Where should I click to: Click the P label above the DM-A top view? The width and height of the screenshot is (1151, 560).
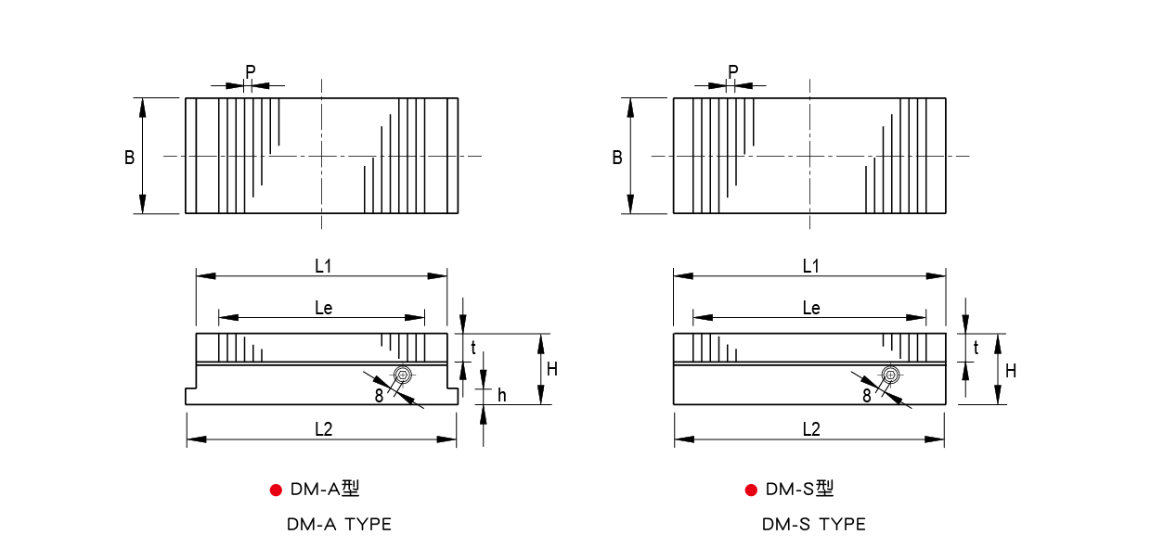[251, 72]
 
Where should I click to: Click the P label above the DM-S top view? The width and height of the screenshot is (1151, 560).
[733, 72]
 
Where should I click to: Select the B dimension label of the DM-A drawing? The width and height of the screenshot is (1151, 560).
[130, 157]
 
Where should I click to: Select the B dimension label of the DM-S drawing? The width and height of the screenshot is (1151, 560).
[617, 157]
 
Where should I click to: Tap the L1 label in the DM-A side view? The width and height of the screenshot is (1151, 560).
[323, 266]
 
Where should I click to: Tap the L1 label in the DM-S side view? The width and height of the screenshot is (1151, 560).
[811, 266]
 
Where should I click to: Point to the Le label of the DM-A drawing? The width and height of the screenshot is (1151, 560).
[324, 308]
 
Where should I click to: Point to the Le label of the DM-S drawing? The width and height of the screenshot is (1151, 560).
[811, 308]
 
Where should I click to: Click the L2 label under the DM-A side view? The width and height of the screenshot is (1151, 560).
[324, 429]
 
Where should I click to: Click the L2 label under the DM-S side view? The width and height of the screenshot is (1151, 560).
[811, 429]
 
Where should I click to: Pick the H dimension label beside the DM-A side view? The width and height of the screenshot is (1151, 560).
[552, 369]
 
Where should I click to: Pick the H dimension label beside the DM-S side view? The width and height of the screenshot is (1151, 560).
[1011, 371]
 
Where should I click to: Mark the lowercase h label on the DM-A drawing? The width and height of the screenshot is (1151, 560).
[502, 395]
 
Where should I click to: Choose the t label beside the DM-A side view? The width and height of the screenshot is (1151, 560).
[473, 348]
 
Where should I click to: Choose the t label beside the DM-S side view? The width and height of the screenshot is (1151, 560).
[976, 348]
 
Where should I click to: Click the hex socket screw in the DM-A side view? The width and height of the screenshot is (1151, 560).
[403, 375]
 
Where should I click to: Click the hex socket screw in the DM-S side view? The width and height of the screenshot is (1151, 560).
[890, 375]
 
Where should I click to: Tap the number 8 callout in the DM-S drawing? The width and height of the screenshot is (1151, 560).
[867, 396]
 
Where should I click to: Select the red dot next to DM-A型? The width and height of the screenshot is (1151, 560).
[276, 490]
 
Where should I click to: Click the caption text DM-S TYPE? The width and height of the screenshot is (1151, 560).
[814, 525]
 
